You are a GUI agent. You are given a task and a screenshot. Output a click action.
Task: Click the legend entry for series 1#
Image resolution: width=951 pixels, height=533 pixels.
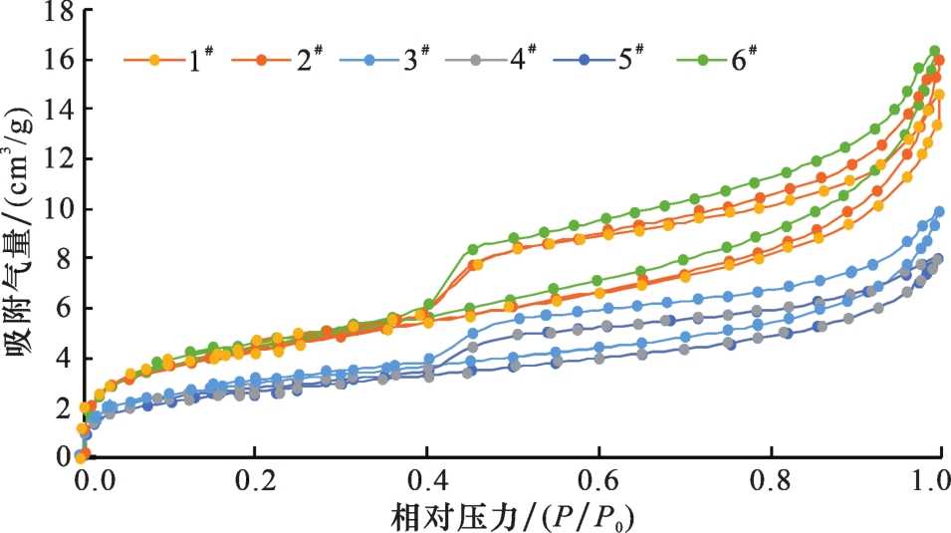coord(163,61)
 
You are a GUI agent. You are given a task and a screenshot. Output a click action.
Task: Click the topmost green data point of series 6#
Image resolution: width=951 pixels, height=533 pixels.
coord(935,51)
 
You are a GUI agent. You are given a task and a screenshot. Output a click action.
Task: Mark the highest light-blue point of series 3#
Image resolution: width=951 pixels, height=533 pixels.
coord(939,211)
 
